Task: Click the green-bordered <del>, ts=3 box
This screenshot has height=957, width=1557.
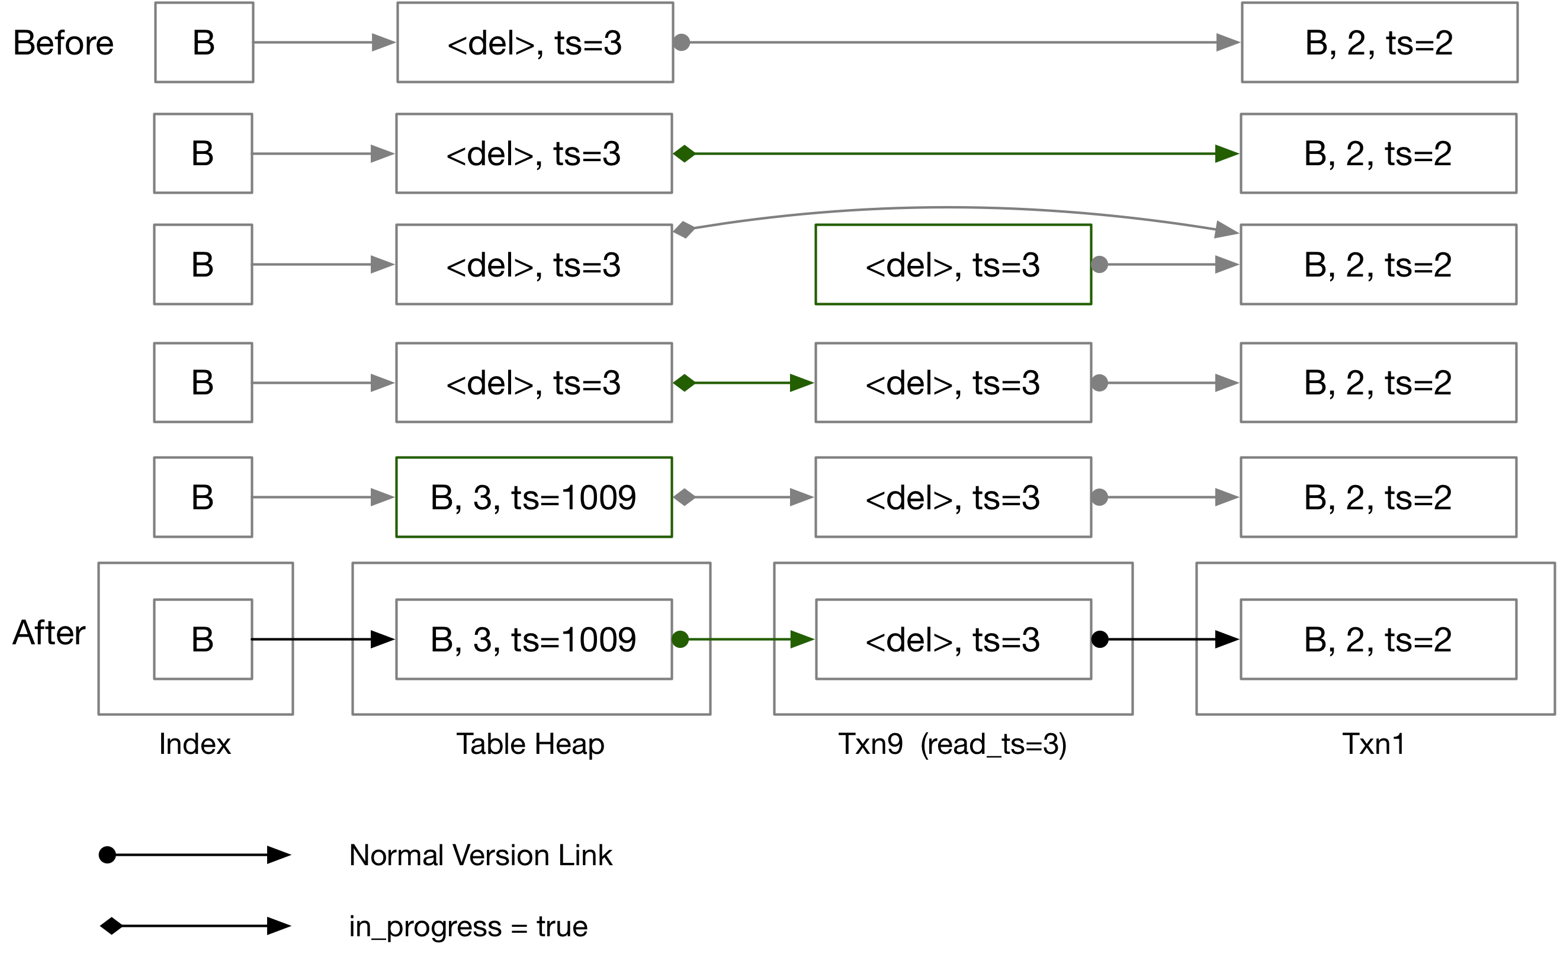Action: pos(953,265)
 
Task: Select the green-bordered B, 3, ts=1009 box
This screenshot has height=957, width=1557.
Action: pos(534,497)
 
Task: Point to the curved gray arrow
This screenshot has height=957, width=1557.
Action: pos(949,208)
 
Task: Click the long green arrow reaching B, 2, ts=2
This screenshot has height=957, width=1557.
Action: pos(949,154)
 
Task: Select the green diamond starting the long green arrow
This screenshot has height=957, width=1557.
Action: pos(684,154)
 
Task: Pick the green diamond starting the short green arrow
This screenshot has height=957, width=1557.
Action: pos(684,383)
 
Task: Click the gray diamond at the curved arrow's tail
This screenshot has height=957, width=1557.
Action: pos(684,230)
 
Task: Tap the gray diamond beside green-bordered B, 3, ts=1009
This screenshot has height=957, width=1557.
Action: pos(684,497)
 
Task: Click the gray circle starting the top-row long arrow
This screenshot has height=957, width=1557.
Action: pos(682,43)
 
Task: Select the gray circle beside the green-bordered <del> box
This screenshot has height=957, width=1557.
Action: pos(1100,265)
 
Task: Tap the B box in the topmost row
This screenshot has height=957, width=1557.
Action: pos(204,43)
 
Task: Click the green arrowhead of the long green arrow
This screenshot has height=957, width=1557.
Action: pos(1227,154)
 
